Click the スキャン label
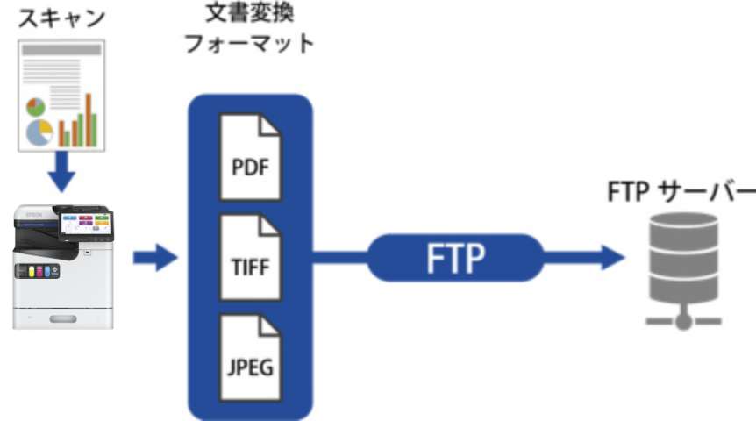tap(58, 17)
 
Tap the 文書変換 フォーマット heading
tap(249, 29)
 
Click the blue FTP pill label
tap(454, 257)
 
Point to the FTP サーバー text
tap(680, 192)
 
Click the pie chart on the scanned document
tap(38, 132)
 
